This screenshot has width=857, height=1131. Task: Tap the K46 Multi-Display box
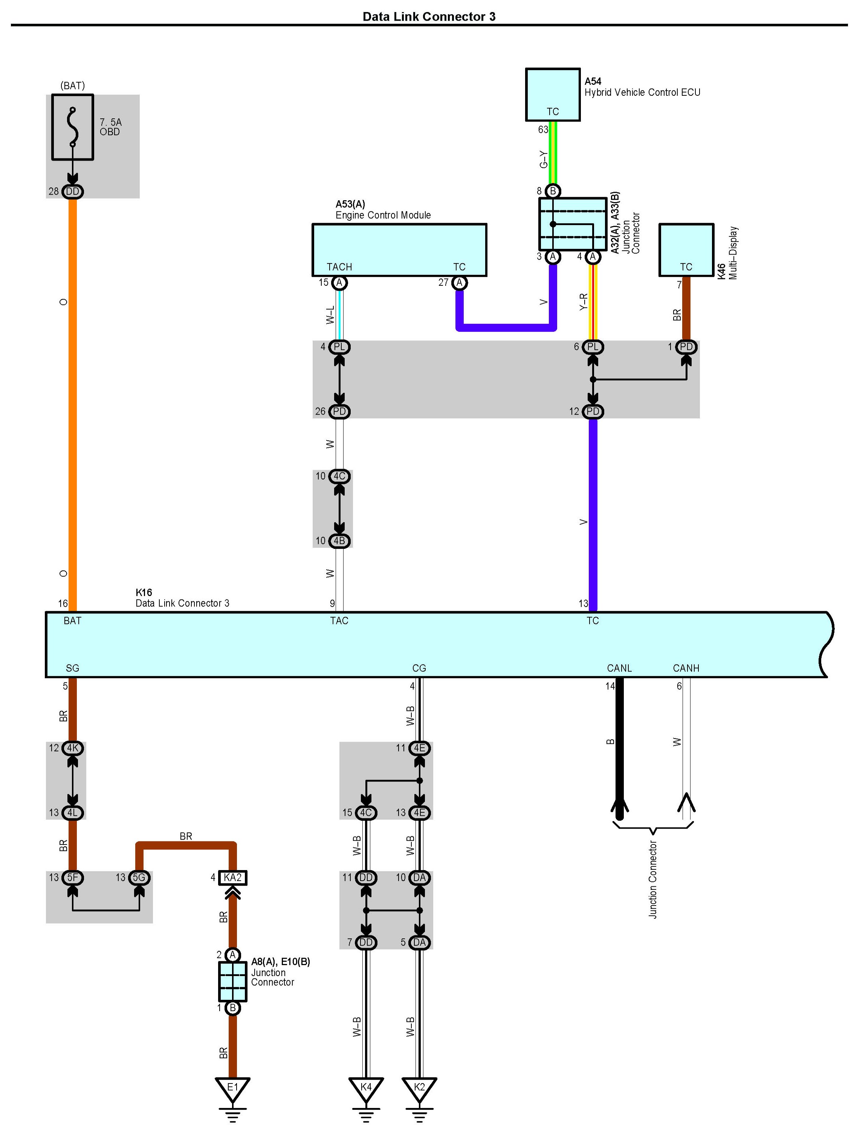click(686, 250)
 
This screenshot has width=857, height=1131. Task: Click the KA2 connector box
click(232, 877)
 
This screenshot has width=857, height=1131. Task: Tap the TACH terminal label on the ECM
click(339, 267)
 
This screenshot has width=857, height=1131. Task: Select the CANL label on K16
click(619, 668)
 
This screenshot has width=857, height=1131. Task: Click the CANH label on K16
click(686, 668)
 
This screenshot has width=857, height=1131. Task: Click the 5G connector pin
click(139, 877)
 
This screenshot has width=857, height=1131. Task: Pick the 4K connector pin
click(73, 748)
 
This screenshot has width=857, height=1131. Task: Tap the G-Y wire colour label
click(543, 159)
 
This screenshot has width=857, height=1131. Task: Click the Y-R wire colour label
click(584, 302)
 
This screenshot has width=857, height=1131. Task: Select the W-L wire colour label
click(330, 315)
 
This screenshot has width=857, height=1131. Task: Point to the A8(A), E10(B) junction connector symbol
click(232, 982)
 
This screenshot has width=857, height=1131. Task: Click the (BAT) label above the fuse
click(73, 85)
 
